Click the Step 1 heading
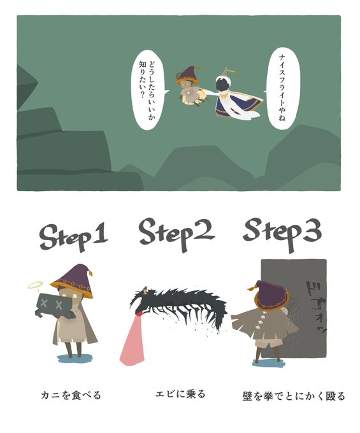[74, 237]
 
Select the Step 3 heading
[282, 234]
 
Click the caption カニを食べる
[71, 395]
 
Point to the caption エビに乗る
[180, 394]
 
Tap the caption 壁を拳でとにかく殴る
[294, 395]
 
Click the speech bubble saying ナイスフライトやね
[282, 88]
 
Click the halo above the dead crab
[36, 285]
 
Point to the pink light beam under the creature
[133, 342]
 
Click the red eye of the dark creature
[140, 313]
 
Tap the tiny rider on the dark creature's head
[145, 290]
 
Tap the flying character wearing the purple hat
[190, 87]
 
